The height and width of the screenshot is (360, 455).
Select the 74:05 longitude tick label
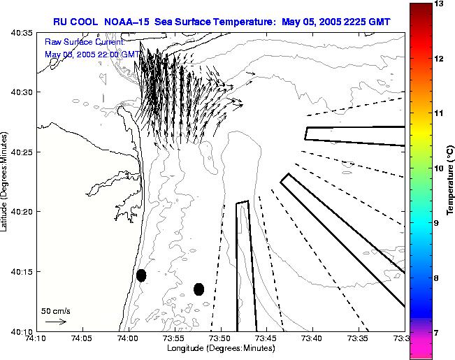(x=82, y=339)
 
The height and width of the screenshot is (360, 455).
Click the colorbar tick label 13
(x=438, y=4)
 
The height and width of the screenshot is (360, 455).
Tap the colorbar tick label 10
(x=438, y=168)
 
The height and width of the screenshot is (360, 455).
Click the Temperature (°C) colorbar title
(x=451, y=180)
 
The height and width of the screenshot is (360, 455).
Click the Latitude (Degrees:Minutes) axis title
(x=6, y=180)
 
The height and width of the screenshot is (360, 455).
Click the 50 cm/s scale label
(x=56, y=310)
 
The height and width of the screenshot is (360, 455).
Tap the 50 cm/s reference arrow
(x=55, y=322)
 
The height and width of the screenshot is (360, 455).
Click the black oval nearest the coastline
(x=141, y=275)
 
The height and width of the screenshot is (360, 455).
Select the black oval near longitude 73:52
(x=198, y=289)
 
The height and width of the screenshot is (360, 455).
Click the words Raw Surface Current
(x=85, y=43)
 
